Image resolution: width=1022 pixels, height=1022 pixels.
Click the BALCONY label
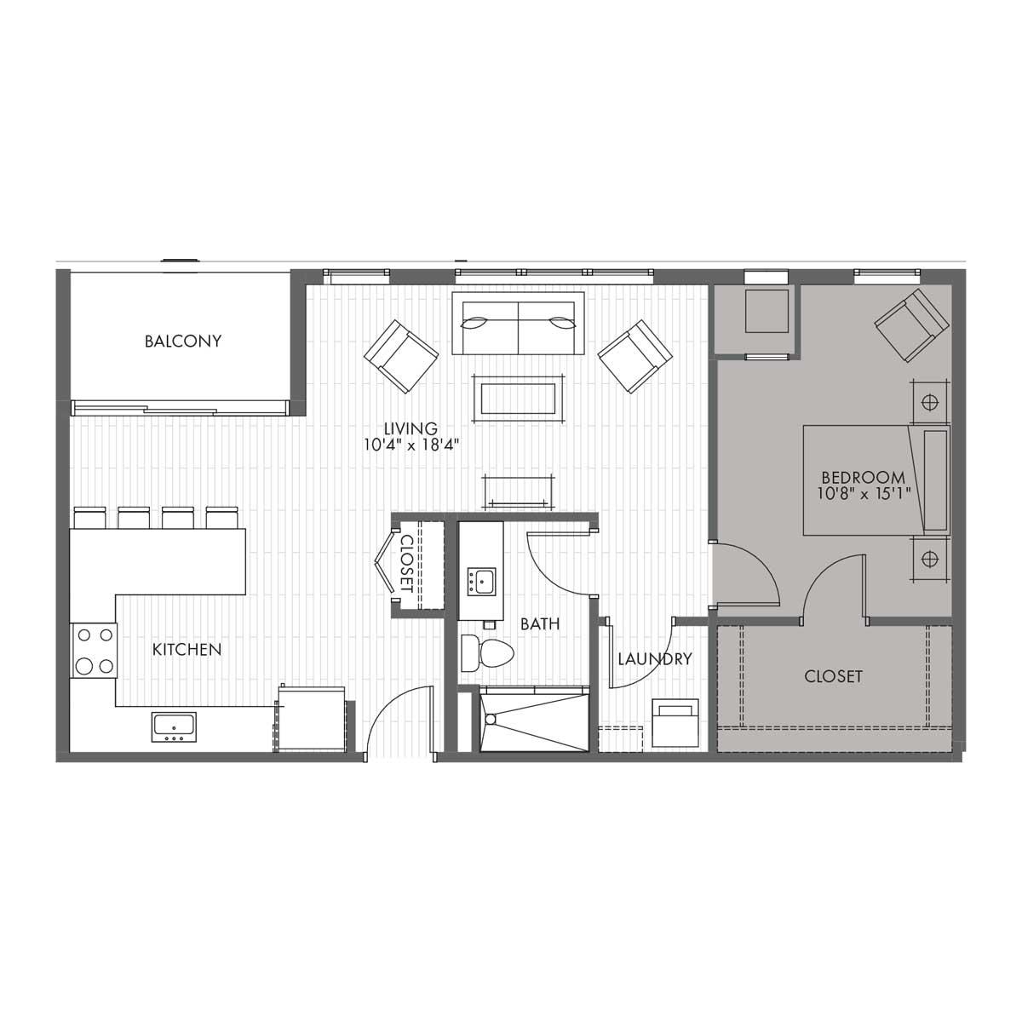point(183,341)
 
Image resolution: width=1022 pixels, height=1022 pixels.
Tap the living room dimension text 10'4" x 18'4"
point(411,445)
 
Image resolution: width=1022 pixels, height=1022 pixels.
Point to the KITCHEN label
point(187,649)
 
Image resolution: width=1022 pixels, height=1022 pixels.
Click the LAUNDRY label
point(655,659)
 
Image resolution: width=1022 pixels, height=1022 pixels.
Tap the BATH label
point(540,623)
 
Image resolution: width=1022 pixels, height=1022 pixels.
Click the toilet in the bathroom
point(487,653)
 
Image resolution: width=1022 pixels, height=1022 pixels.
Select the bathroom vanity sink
point(481,582)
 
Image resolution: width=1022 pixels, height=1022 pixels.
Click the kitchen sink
point(174,727)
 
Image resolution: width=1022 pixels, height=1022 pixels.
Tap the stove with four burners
point(94,650)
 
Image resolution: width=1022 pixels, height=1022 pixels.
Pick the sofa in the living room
point(518,323)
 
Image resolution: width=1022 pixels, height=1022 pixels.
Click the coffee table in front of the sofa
point(518,399)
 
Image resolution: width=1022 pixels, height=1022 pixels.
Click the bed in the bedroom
point(876,479)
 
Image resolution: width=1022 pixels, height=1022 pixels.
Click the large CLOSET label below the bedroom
point(833,676)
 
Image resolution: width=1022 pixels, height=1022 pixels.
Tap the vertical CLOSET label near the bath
point(407,564)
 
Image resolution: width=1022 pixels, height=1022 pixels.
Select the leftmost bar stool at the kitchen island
point(90,517)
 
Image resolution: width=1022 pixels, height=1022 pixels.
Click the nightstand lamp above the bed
point(930,402)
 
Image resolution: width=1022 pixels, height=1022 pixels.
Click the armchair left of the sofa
point(401,356)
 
